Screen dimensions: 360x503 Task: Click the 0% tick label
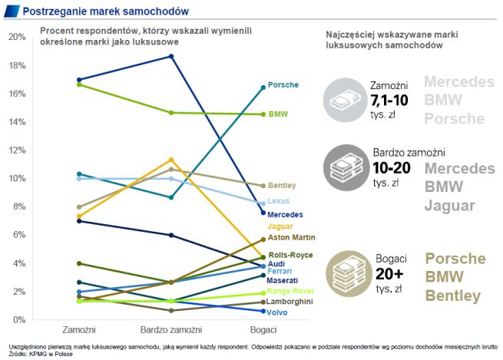pos(18,319)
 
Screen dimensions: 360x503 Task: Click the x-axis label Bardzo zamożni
pos(171,330)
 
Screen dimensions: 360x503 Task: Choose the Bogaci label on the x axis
pos(263,330)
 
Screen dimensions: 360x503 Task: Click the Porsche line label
pos(283,85)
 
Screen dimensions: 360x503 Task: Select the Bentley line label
pos(283,186)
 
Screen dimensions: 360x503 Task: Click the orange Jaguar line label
pos(281,226)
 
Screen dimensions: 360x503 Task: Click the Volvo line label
pos(279,312)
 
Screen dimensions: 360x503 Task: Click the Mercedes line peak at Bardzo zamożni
pos(171,56)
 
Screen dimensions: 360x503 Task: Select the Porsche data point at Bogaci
pos(263,88)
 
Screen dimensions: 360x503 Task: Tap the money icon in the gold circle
pos(343,272)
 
